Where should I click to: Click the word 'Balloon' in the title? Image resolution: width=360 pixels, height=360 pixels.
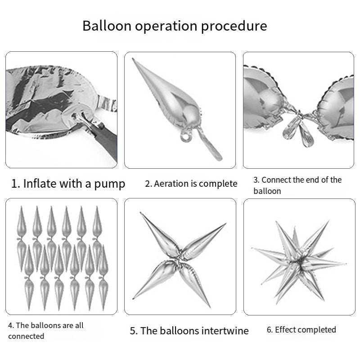105,26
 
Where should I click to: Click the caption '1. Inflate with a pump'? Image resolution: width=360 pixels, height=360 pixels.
68,184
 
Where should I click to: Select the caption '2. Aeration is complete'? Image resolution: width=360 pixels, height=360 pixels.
191,184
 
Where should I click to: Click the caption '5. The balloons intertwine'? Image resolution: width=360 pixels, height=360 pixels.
189,331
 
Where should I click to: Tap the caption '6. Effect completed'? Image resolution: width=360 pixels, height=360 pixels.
301,329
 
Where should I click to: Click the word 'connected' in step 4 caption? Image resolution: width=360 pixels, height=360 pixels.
26,336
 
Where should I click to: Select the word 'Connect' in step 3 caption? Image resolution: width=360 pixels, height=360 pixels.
276,180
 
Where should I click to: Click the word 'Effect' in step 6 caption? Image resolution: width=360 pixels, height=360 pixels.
286,329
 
